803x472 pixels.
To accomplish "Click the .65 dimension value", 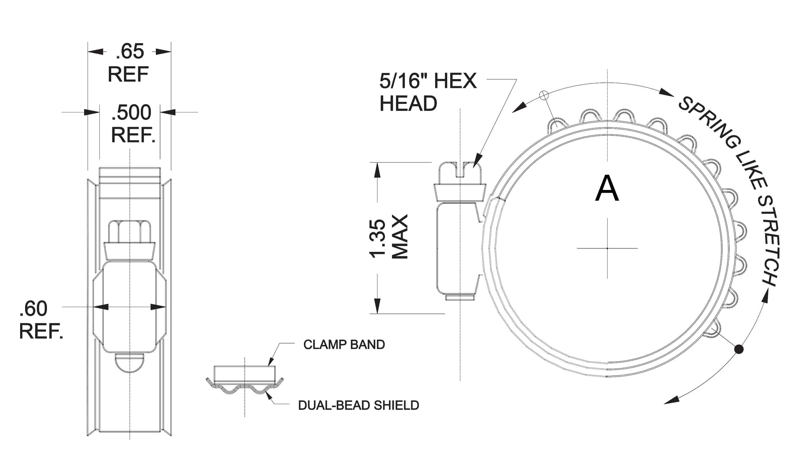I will coord(130,52).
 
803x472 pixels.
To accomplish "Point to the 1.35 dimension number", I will coord(378,239).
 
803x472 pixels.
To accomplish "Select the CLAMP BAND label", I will coord(344,345).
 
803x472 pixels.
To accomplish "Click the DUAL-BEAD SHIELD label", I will coord(359,405).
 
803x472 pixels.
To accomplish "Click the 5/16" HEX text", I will coord(428,81).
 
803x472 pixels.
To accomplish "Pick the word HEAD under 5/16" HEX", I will coord(408,104).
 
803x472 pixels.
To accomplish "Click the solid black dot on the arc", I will coord(739,349).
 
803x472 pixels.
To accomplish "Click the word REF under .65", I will coord(128,74).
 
